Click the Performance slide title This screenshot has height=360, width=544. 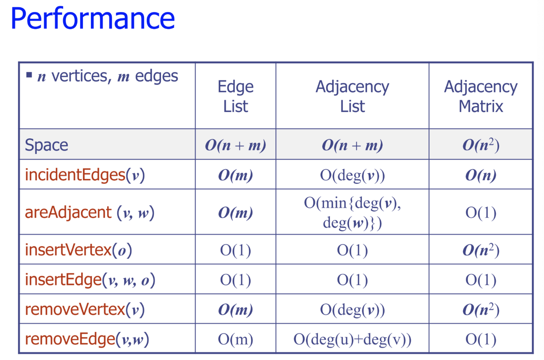(93, 18)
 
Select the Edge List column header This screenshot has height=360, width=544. (236, 96)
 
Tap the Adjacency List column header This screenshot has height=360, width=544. (352, 96)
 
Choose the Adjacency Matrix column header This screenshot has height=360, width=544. (481, 96)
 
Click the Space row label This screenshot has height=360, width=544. (46, 145)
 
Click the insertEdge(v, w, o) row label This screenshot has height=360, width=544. (90, 280)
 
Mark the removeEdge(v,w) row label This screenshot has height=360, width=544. (87, 339)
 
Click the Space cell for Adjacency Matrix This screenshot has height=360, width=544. (481, 145)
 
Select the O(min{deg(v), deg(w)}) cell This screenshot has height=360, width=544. (352, 213)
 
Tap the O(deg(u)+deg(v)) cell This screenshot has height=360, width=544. (352, 339)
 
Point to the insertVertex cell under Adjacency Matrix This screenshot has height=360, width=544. (481, 250)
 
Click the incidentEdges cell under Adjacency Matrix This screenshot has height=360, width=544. (481, 174)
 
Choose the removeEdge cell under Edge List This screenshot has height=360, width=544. (236, 339)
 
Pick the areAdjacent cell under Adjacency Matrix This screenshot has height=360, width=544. (481, 213)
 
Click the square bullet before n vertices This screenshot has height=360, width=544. (29, 75)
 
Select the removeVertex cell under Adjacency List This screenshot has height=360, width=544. (352, 310)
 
